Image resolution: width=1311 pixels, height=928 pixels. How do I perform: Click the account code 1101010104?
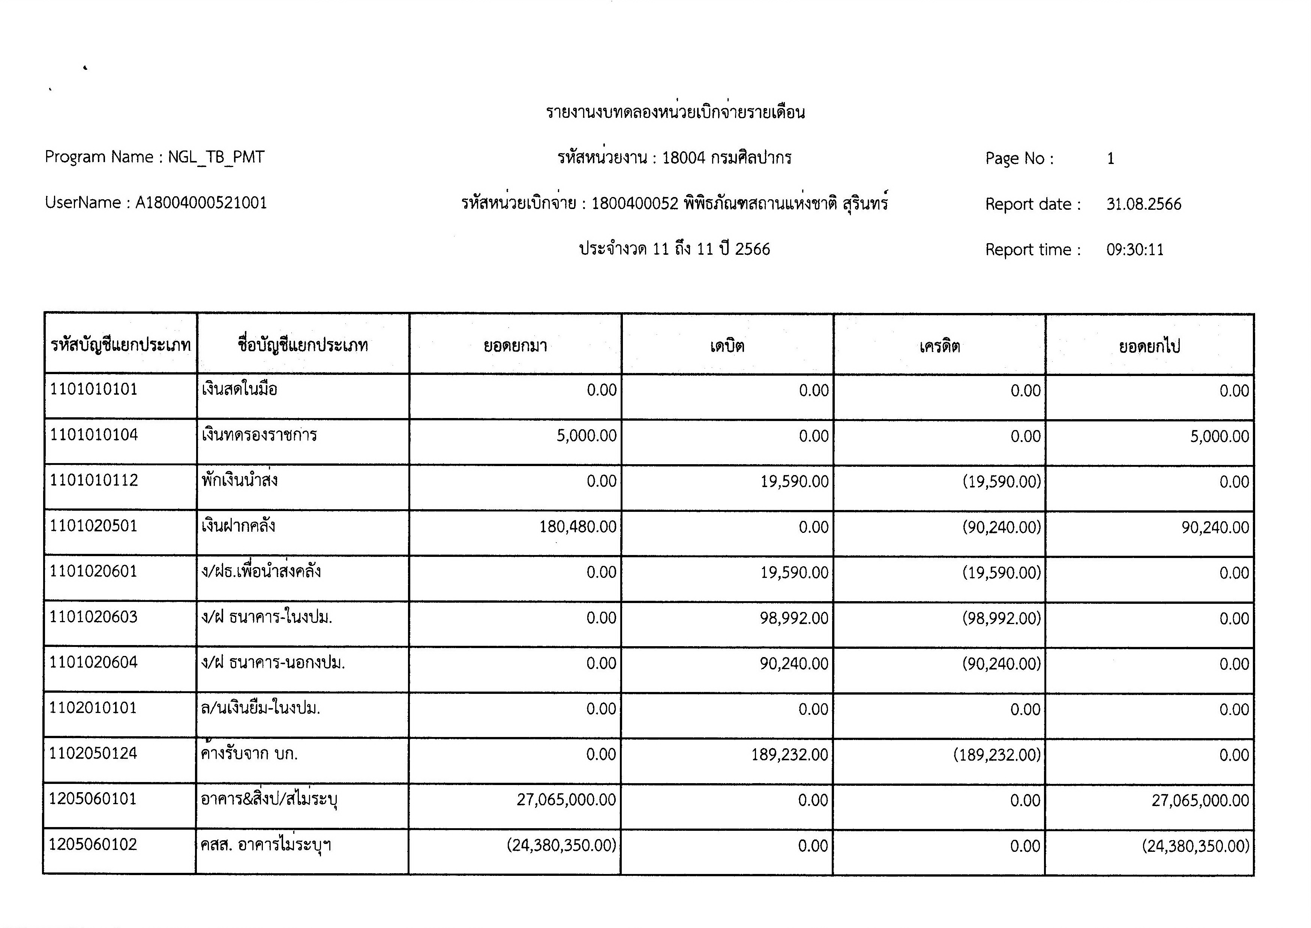pos(94,435)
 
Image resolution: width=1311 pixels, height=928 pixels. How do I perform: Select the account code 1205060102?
pos(93,845)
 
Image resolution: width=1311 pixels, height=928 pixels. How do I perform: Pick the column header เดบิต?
pos(727,346)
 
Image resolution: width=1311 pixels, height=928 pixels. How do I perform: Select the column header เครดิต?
pos(939,346)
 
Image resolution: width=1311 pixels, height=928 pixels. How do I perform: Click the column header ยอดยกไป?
pos(1149,346)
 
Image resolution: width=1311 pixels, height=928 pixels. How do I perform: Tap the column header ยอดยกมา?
pos(515,346)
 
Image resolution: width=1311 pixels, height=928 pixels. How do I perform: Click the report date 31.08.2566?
pos(1144,204)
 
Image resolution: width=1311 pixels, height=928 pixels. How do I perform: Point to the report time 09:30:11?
pos(1135,250)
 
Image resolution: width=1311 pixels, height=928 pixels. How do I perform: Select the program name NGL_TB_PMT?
pos(216,157)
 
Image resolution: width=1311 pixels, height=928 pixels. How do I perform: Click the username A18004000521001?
pos(201,203)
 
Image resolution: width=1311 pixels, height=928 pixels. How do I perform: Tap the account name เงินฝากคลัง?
pos(238,526)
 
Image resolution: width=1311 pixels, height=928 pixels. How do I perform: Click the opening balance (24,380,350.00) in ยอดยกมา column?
pos(561,845)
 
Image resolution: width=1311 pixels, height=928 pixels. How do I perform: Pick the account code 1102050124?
pos(93,753)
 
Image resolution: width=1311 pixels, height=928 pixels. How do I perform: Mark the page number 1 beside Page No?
pos(1111,158)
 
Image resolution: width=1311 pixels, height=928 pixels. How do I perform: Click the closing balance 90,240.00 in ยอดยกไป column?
pos(1215,527)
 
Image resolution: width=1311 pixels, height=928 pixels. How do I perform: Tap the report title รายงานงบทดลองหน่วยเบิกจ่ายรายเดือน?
pos(675,112)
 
